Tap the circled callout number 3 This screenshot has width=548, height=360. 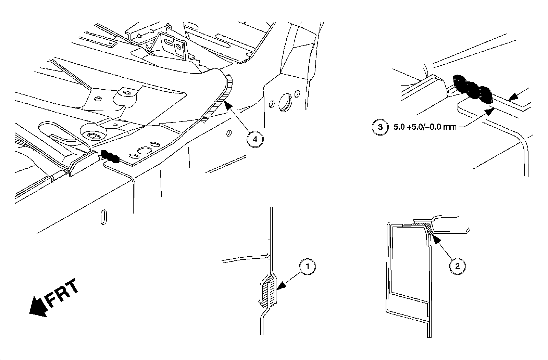380,127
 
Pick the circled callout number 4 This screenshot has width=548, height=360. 255,139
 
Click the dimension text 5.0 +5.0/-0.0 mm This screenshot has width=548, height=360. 423,127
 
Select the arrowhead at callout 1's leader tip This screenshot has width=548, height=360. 279,286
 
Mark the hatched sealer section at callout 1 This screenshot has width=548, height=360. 267,293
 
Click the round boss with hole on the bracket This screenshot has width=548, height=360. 127,94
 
